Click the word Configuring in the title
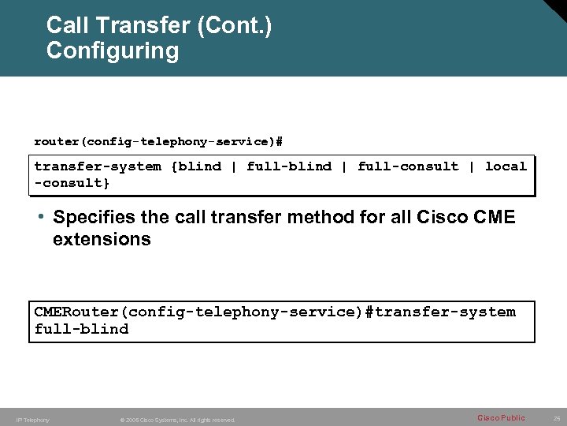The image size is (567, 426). pyautogui.click(x=113, y=51)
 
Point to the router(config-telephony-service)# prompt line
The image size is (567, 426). pyautogui.click(x=158, y=142)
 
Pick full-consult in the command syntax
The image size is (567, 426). pyautogui.click(x=408, y=166)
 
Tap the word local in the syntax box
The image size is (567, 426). pyautogui.click(x=506, y=166)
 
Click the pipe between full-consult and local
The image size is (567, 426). pyautogui.click(x=472, y=166)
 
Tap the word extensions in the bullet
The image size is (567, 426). pyautogui.click(x=102, y=239)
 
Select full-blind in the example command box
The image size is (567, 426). pyautogui.click(x=81, y=330)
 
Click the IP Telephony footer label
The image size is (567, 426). pyautogui.click(x=33, y=420)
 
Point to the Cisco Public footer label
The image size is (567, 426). pyautogui.click(x=501, y=417)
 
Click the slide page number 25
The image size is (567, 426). pyautogui.click(x=557, y=417)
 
